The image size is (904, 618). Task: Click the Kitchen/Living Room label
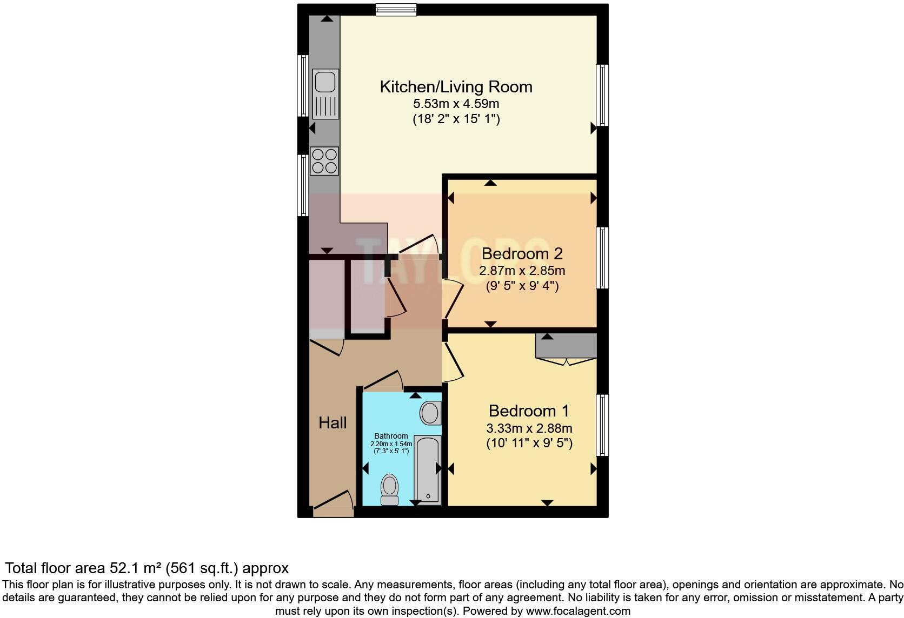(x=456, y=87)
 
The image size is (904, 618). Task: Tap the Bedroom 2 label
(x=522, y=253)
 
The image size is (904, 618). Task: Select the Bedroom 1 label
(x=529, y=411)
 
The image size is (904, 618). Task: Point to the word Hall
(x=333, y=423)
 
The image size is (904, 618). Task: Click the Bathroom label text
(x=391, y=436)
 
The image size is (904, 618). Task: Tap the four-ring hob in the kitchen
(x=324, y=161)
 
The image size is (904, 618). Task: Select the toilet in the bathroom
(x=389, y=489)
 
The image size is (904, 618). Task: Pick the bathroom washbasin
(x=430, y=413)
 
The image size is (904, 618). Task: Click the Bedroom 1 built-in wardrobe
(x=566, y=346)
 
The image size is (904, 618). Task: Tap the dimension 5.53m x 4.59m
(x=456, y=104)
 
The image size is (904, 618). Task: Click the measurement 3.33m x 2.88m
(x=529, y=428)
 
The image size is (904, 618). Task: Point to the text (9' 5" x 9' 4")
(x=522, y=286)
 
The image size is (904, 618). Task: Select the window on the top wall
(x=396, y=10)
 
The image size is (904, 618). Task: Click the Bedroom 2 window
(x=602, y=258)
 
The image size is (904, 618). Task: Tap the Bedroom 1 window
(x=602, y=425)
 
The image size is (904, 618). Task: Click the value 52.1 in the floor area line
(x=123, y=568)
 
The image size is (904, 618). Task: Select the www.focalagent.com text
(x=578, y=612)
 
